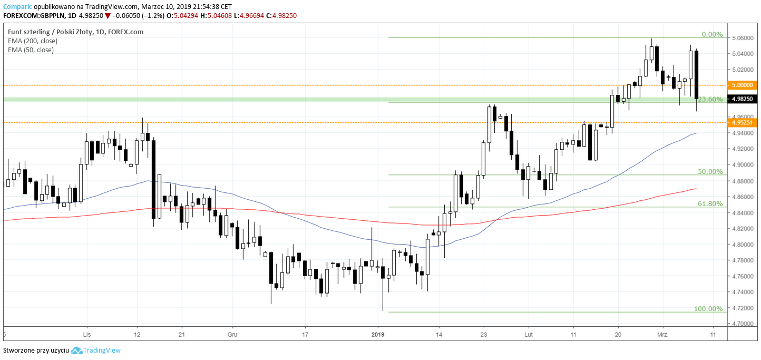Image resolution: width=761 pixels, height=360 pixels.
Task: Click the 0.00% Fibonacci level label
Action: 712,34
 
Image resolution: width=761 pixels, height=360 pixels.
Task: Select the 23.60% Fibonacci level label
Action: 710,99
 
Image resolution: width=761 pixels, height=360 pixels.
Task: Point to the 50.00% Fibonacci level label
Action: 710,171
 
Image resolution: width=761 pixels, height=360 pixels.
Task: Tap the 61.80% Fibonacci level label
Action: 710,203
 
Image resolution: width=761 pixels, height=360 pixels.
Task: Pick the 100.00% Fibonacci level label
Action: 708,308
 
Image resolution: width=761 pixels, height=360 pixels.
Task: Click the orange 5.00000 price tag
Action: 742,85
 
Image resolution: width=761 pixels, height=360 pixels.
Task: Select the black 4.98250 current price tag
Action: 742,99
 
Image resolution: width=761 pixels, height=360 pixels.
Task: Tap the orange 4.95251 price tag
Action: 742,122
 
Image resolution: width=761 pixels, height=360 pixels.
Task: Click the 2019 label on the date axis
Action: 378,334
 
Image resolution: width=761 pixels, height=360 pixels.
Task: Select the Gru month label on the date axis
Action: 232,334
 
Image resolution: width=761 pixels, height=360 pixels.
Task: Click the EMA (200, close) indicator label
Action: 33,41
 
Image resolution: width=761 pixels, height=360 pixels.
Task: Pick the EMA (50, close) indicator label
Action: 31,50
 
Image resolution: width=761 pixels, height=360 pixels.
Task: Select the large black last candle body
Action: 697,74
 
